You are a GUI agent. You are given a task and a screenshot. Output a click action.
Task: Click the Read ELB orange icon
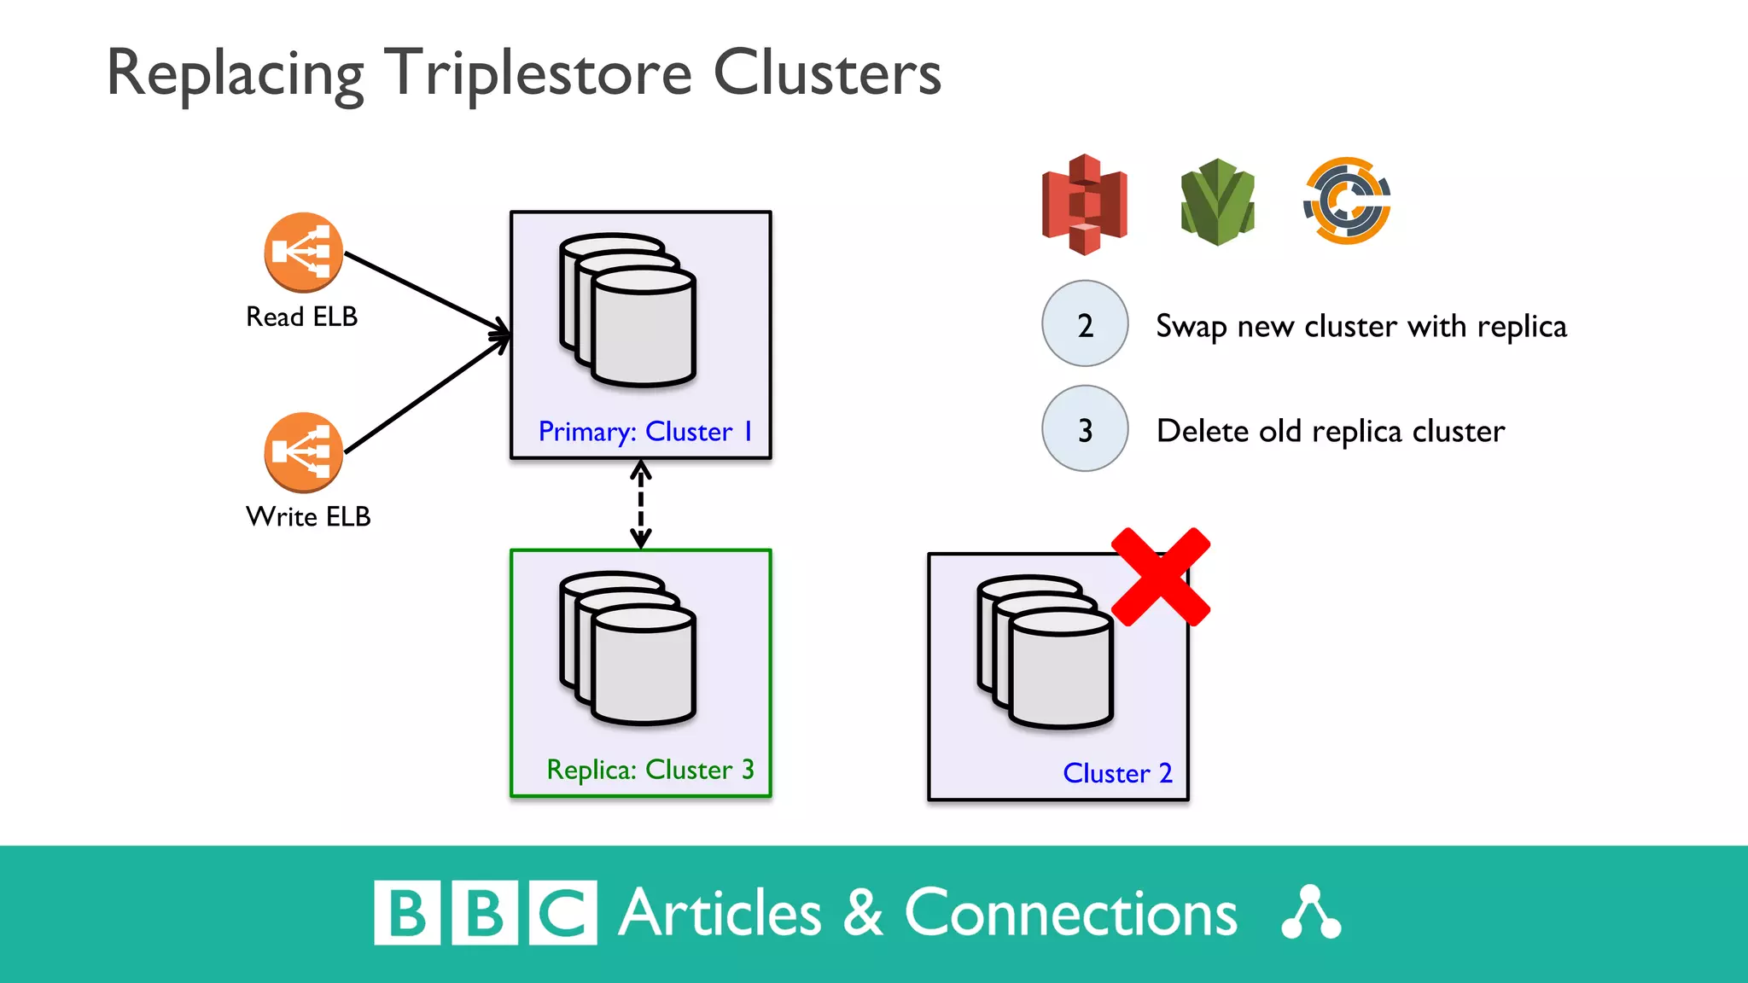pyautogui.click(x=303, y=253)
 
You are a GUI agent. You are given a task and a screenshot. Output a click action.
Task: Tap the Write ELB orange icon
pyautogui.click(x=303, y=452)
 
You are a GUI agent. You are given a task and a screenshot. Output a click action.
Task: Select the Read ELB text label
pyautogui.click(x=301, y=317)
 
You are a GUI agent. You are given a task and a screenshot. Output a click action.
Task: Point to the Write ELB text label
pyautogui.click(x=307, y=516)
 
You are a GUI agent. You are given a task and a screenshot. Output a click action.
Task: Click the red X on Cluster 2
pyautogui.click(x=1160, y=577)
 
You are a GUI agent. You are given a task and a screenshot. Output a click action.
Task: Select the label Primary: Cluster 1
pyautogui.click(x=645, y=432)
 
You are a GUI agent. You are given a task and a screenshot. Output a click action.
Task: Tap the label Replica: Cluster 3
pyautogui.click(x=650, y=770)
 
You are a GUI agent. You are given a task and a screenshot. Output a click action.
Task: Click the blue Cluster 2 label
pyautogui.click(x=1116, y=773)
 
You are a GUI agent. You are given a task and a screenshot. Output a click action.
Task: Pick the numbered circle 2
pyautogui.click(x=1085, y=324)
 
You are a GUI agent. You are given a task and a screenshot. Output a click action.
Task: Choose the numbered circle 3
pyautogui.click(x=1085, y=429)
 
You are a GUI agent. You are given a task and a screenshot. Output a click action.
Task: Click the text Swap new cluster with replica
pyautogui.click(x=1361, y=327)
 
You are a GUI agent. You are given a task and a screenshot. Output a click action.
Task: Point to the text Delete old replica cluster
pyautogui.click(x=1330, y=432)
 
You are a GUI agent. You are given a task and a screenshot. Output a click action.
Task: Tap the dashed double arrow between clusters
pyautogui.click(x=641, y=504)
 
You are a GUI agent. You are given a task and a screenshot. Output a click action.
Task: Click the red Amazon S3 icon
pyautogui.click(x=1084, y=205)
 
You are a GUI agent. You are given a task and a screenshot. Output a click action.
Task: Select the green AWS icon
pyautogui.click(x=1217, y=202)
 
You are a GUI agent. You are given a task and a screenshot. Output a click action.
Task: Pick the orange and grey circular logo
pyautogui.click(x=1347, y=201)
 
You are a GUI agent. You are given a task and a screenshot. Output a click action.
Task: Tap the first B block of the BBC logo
pyautogui.click(x=407, y=913)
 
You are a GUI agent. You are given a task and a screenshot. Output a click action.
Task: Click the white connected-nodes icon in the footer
pyautogui.click(x=1311, y=913)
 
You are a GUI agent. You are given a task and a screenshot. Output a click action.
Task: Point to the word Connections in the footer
pyautogui.click(x=1070, y=914)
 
